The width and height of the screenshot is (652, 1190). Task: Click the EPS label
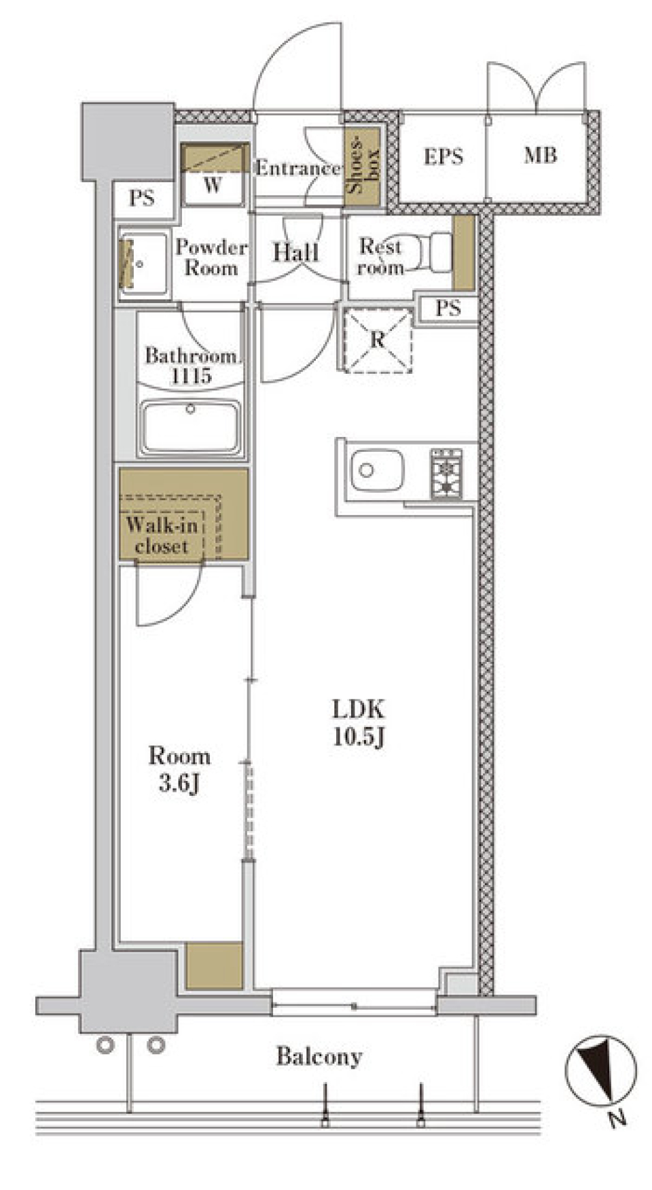(443, 157)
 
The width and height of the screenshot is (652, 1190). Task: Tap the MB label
(540, 156)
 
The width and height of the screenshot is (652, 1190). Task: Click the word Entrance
(297, 168)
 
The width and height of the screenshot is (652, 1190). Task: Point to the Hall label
(295, 252)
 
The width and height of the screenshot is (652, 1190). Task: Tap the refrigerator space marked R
(378, 340)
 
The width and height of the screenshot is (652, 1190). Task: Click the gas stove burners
(446, 474)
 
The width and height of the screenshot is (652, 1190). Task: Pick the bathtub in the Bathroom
(190, 427)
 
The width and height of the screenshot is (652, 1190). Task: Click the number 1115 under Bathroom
(191, 375)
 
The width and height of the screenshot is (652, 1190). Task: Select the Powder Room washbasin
(143, 264)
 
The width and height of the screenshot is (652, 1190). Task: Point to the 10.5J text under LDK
(359, 737)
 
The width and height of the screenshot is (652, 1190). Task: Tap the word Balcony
(319, 1056)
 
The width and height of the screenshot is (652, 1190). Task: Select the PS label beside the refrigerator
(448, 309)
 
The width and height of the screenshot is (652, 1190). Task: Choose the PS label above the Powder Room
(141, 198)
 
